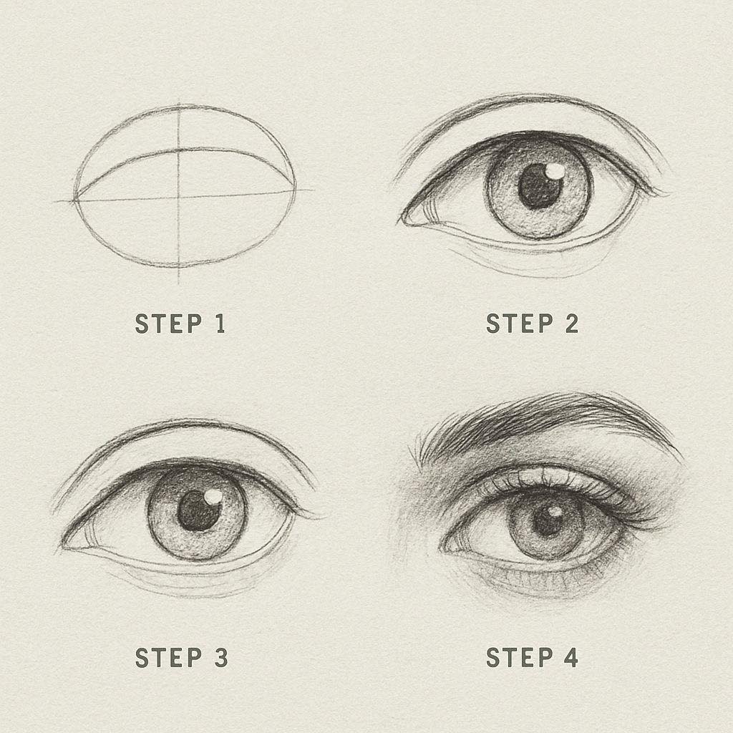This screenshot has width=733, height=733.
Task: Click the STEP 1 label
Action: tap(180, 324)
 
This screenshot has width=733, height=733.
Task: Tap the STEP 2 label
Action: tap(532, 324)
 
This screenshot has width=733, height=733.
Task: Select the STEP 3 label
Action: tap(181, 657)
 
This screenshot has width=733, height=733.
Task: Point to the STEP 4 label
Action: tap(532, 657)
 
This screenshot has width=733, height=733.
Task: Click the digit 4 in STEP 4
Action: tap(571, 657)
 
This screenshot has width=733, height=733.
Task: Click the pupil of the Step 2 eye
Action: tap(540, 186)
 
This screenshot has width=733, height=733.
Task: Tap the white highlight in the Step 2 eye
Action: tap(555, 170)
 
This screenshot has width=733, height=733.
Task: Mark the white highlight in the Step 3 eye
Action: tap(213, 497)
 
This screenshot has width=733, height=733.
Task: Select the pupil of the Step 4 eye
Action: tap(547, 520)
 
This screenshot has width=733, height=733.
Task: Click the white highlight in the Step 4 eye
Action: tap(555, 513)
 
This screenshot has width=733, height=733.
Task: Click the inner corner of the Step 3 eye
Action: tap(65, 545)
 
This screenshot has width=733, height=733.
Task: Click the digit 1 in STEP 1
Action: tap(220, 324)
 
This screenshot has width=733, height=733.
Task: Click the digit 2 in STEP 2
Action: tap(572, 324)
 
